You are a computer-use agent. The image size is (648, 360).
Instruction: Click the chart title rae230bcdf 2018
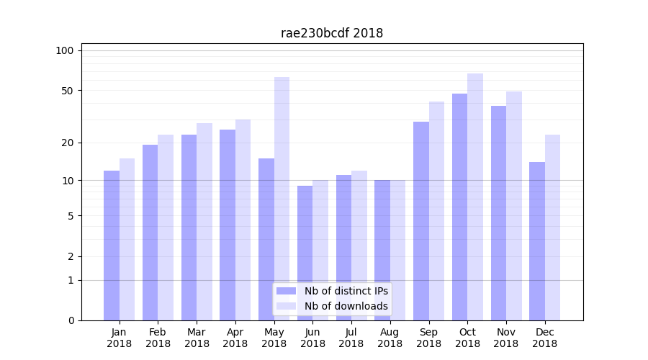pos(331,33)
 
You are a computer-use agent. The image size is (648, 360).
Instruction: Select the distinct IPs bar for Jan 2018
pos(112,245)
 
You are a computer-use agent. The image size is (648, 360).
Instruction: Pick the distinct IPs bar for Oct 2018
pos(459,207)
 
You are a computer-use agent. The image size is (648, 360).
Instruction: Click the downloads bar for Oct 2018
pos(475,197)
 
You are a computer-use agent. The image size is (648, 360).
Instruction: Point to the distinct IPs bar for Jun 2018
pos(305,253)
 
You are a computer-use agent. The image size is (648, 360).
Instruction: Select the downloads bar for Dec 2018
pos(552,227)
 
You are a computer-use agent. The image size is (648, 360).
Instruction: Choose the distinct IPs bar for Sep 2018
pos(421,220)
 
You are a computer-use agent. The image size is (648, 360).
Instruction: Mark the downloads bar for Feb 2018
pos(166,227)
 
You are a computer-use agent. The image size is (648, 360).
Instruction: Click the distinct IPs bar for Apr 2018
pos(228,225)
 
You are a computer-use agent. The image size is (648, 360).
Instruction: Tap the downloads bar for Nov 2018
pos(514,205)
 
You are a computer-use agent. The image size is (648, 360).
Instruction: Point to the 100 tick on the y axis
pos(65,50)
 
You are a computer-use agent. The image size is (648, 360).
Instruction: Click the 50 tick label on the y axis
pos(68,91)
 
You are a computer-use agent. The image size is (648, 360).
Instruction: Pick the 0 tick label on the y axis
pos(71,320)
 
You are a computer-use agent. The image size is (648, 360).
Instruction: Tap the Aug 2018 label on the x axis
pos(390,338)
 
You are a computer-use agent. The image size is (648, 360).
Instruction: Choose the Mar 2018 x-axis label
pos(197,338)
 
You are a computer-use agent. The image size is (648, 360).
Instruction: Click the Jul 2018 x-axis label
pos(351,338)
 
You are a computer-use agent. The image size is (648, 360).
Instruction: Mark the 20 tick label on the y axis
pos(68,143)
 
